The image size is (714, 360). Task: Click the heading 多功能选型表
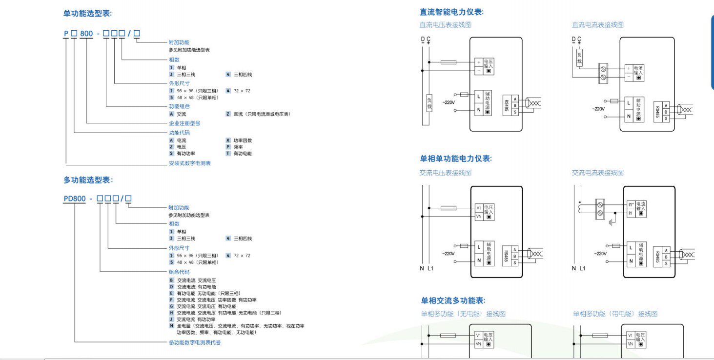pyautogui.click(x=88, y=180)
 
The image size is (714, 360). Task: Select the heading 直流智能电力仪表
pyautogui.click(x=451, y=12)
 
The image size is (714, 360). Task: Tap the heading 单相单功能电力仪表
pyautogui.click(x=456, y=159)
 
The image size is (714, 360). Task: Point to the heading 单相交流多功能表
pyautogui.click(x=453, y=300)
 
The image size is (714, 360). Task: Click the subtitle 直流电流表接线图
pyautogui.click(x=597, y=25)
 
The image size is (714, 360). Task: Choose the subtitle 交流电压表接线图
pyautogui.click(x=446, y=173)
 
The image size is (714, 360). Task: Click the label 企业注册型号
pyautogui.click(x=184, y=123)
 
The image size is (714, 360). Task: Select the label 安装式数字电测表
pyautogui.click(x=190, y=163)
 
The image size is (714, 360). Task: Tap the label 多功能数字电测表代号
pyautogui.click(x=195, y=342)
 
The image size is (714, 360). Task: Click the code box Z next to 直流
pyautogui.click(x=228, y=114)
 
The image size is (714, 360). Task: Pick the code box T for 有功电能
pyautogui.click(x=228, y=153)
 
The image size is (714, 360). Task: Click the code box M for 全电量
pyautogui.click(x=171, y=325)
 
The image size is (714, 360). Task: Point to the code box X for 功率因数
pyautogui.click(x=228, y=140)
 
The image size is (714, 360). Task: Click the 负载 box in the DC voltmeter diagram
pyautogui.click(x=429, y=103)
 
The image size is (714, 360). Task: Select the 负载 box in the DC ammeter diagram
pyautogui.click(x=579, y=59)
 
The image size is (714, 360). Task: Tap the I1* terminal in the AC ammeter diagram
pyautogui.click(x=631, y=205)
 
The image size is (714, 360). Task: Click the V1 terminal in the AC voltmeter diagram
pyautogui.click(x=479, y=208)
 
